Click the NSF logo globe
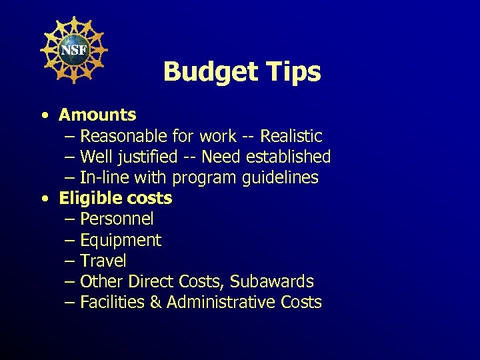click(74, 49)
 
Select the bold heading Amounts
click(97, 115)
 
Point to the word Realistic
click(291, 137)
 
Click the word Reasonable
click(125, 137)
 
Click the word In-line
click(101, 178)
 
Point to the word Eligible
click(87, 199)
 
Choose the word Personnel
click(117, 219)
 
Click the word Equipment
click(121, 240)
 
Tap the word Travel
click(103, 261)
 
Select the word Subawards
click(273, 281)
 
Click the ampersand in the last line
click(156, 303)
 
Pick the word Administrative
click(221, 303)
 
